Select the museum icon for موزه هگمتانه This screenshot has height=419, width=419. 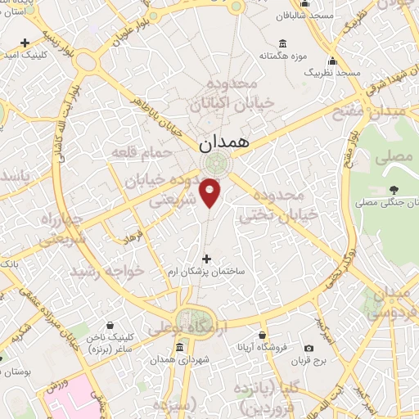point(282,43)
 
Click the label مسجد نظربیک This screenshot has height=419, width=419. point(331,73)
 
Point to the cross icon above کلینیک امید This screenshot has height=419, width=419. point(26,42)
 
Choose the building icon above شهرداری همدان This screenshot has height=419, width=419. point(179,346)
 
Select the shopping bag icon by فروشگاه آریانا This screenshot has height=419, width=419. point(262,335)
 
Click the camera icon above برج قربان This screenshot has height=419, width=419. point(309,348)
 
